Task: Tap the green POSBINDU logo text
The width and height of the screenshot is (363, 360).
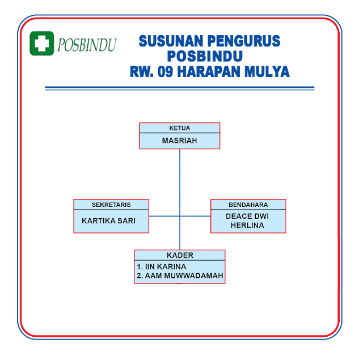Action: (x=86, y=44)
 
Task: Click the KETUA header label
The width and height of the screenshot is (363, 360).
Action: (x=179, y=128)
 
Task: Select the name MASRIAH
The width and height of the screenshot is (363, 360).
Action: (x=179, y=140)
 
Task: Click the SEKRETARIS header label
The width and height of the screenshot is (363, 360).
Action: (x=111, y=205)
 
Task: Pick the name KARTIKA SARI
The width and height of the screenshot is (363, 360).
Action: (x=109, y=221)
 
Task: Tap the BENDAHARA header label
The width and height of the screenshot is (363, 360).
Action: (x=248, y=205)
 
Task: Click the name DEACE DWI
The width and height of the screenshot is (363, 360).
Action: (x=247, y=216)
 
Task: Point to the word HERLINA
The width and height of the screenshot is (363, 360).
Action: (x=247, y=225)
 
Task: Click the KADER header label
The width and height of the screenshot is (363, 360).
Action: (x=179, y=255)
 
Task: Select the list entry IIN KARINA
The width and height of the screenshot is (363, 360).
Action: (x=162, y=266)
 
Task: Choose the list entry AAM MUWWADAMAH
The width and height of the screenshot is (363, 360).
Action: (x=180, y=276)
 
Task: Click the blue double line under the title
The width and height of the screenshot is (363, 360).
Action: (x=179, y=88)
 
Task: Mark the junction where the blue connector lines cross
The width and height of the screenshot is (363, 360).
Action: (x=180, y=216)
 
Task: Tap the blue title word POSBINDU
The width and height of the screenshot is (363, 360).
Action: (x=205, y=57)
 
